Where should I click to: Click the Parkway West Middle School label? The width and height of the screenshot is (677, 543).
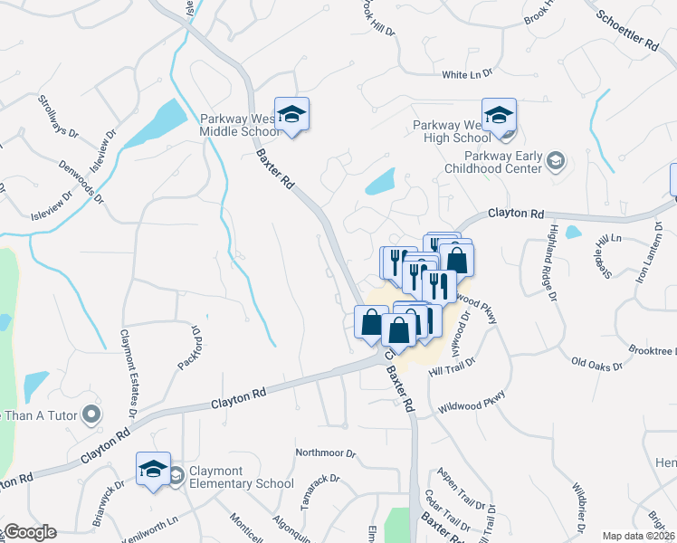(242, 124)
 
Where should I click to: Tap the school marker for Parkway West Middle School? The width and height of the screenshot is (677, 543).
(291, 116)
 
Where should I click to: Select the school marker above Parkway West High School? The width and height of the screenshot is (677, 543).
(498, 116)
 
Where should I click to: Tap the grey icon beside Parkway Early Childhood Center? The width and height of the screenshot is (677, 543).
(557, 162)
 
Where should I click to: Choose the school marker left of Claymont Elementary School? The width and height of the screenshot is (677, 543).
(153, 470)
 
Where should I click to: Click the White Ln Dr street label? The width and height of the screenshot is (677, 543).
(466, 73)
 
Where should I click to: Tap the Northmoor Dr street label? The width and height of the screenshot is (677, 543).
(326, 452)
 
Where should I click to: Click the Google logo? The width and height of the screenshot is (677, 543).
(29, 532)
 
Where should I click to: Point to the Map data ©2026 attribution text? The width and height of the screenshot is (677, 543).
(637, 536)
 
